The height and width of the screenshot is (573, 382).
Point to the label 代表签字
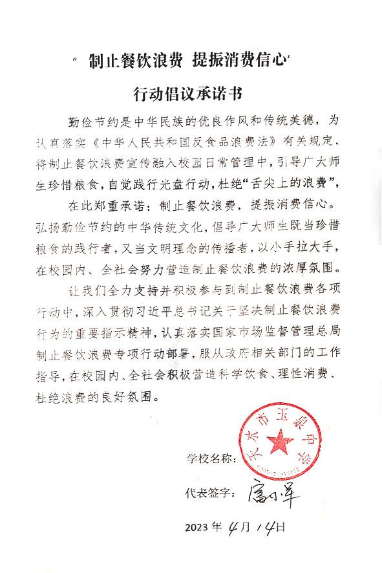[210, 495]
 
